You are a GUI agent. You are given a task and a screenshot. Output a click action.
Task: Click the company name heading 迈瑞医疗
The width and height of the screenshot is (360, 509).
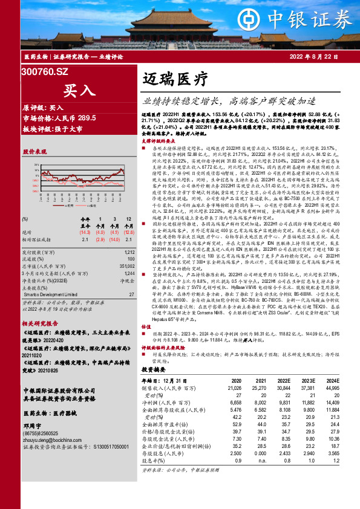(175, 79)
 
